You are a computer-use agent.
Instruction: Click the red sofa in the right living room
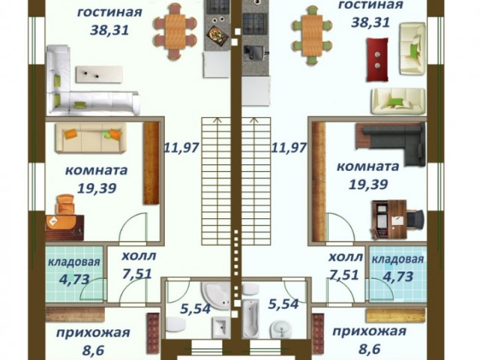[377, 58]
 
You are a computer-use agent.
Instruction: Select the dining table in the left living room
[175, 31]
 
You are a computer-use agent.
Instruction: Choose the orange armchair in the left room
[65, 204]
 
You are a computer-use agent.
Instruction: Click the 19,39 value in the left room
[96, 188]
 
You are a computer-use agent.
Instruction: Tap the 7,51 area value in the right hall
[345, 274]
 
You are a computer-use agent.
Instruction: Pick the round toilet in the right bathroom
[280, 328]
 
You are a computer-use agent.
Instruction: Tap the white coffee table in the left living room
[99, 73]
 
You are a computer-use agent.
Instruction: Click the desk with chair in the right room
[390, 216]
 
